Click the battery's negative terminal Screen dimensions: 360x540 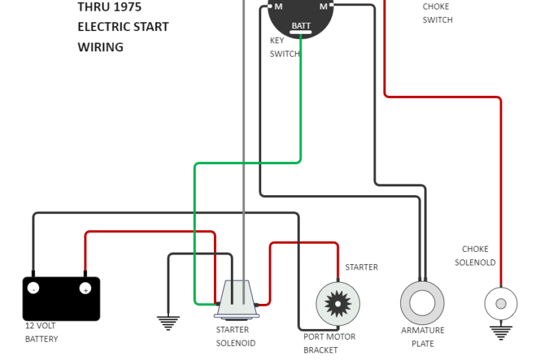[33, 288]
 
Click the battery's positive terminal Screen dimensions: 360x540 [85, 288]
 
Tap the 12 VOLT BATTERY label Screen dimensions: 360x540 [41, 332]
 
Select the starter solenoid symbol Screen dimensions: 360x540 [237, 299]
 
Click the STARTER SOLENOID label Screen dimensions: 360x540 [236, 336]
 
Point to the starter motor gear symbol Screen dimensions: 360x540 [337, 304]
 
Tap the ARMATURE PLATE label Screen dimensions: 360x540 [423, 337]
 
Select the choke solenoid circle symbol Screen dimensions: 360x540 [501, 304]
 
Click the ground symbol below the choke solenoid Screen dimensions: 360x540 [501, 332]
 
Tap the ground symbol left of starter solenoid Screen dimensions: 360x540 [168, 323]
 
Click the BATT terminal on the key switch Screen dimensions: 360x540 [301, 27]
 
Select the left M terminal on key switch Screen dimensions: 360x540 [278, 6]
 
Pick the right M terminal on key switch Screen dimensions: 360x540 [323, 6]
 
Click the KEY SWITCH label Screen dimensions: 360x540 [284, 47]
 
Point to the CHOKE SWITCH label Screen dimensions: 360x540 [437, 14]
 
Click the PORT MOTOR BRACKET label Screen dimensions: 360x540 [329, 343]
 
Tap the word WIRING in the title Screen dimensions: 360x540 [101, 47]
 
